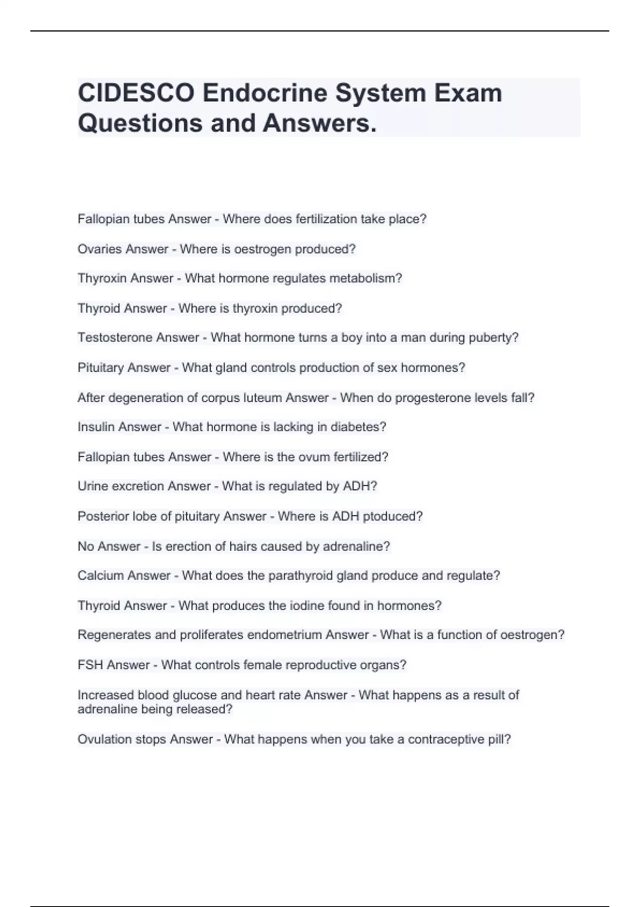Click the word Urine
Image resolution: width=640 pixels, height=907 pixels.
(x=90, y=486)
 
